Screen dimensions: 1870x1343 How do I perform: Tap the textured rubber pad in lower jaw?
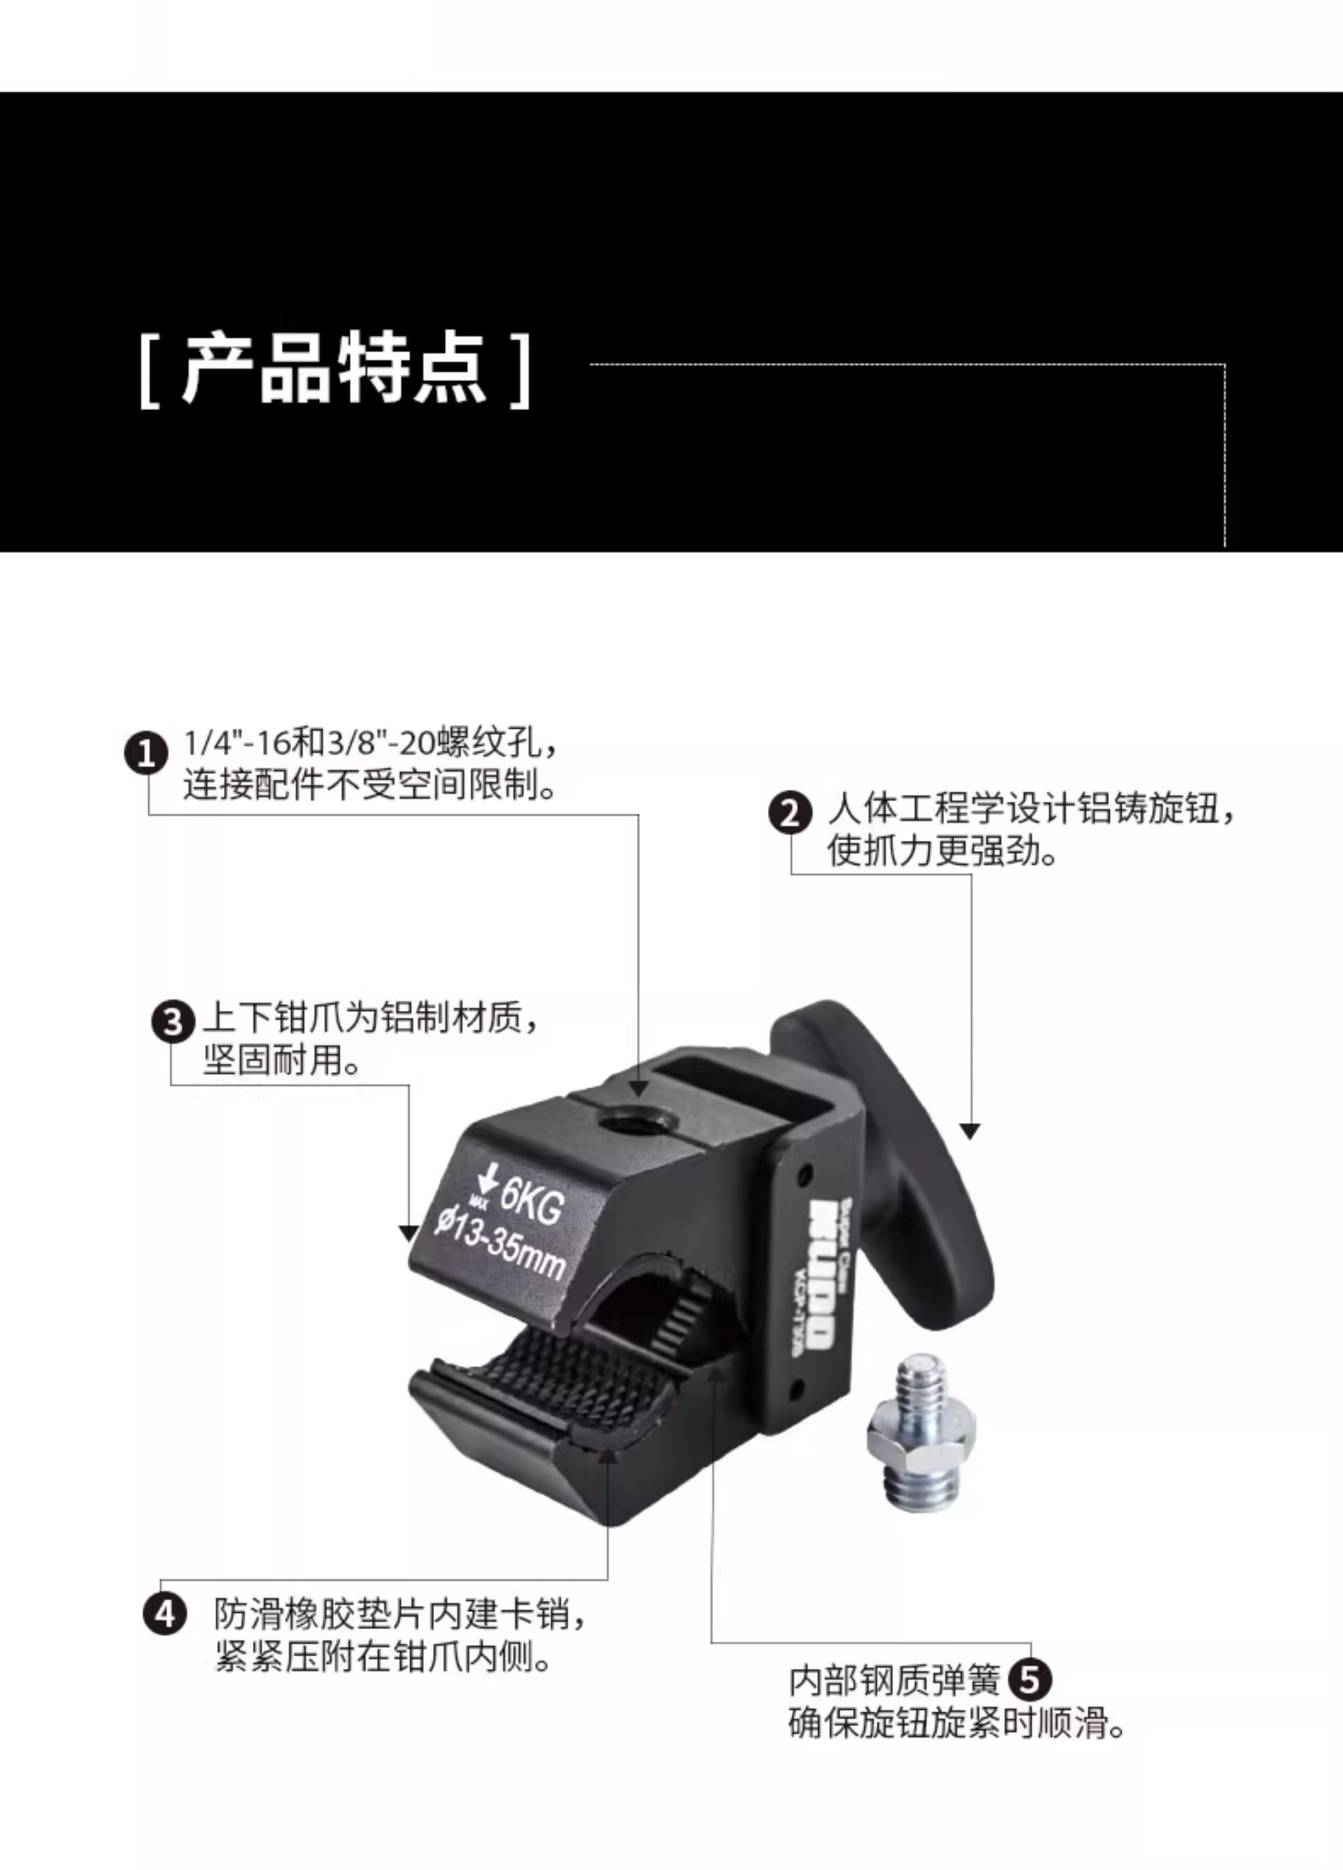click(x=569, y=1381)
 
